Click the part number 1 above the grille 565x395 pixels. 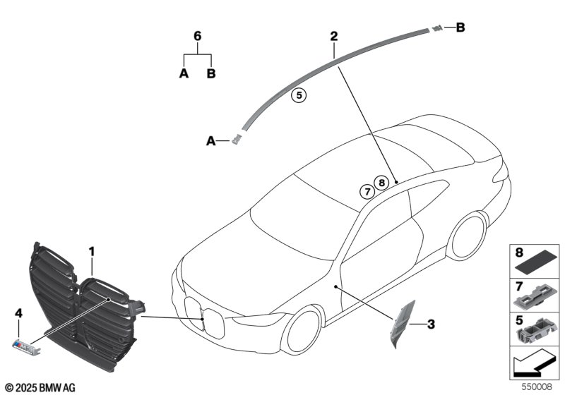pos(91,251)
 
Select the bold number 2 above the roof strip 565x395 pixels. pos(333,36)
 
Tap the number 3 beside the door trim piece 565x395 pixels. pos(432,325)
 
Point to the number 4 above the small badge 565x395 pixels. pos(19,311)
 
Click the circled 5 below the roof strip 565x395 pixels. pos(299,95)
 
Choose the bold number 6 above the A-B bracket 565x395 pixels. pos(198,36)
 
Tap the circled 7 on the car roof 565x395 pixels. pos(367,191)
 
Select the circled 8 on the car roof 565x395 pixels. pos(381,183)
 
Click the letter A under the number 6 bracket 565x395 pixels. pos(184,73)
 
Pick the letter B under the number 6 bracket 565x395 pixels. pos(211,73)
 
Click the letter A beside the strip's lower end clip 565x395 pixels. pos(210,142)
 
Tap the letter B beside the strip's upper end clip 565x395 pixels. pos(460,28)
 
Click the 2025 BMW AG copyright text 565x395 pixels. pos(40,387)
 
